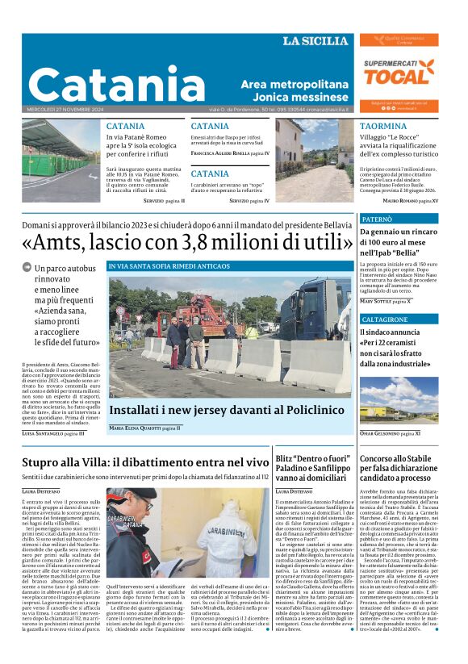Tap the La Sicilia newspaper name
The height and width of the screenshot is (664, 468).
point(316,41)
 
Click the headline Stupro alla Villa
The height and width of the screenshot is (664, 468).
point(144,462)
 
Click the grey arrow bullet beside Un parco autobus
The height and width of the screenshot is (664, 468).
point(27,267)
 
